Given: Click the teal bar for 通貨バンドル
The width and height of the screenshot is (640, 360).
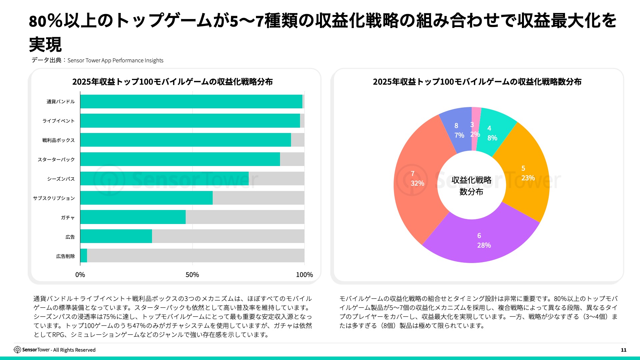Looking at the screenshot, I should (x=191, y=101).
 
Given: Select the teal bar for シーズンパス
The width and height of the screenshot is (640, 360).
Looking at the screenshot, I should (x=164, y=179).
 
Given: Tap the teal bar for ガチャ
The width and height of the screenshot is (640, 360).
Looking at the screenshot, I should (x=133, y=217).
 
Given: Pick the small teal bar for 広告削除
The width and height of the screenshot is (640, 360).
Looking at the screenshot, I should (x=84, y=256).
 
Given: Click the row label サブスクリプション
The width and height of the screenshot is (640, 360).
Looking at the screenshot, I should (x=54, y=198).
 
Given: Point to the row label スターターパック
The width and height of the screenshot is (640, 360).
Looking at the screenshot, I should (x=56, y=160).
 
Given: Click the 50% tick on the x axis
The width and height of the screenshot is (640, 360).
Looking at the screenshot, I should (x=192, y=275).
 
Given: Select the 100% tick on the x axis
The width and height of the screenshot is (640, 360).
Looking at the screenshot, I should (x=304, y=275).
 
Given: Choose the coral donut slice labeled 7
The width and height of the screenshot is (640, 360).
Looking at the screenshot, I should (x=417, y=180).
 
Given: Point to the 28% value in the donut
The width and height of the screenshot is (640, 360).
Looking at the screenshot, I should (x=484, y=245).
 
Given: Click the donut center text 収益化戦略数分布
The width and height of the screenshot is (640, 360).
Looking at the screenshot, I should (x=471, y=186).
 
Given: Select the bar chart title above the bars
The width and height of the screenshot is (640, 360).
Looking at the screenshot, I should (x=172, y=82).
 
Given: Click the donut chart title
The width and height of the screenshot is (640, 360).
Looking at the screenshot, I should (x=477, y=82).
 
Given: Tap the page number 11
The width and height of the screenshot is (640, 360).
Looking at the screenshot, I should (x=624, y=350).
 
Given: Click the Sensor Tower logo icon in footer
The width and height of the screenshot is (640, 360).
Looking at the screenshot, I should (x=17, y=350).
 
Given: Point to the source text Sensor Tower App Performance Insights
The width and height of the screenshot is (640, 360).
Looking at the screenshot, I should (x=115, y=61).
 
